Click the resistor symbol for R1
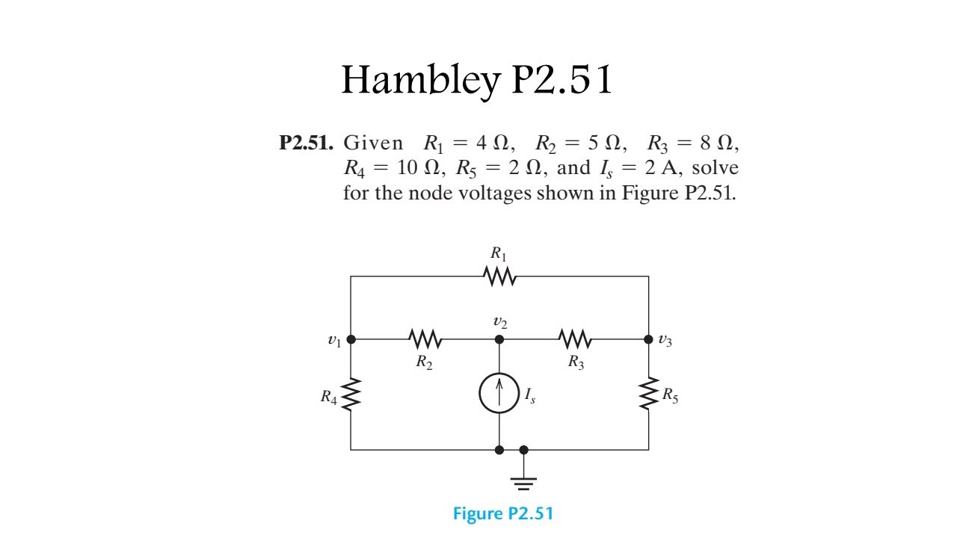[499, 276]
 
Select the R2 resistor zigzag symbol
[425, 340]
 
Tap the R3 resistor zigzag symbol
[575, 340]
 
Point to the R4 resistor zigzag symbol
[351, 395]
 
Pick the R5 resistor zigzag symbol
[648, 395]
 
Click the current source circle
[499, 394]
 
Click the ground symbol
[523, 480]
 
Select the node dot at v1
[351, 339]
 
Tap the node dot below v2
[499, 339]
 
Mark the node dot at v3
[648, 339]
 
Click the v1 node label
[334, 341]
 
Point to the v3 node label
[665, 341]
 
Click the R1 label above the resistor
[499, 254]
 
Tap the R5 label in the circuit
[670, 396]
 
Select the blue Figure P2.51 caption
[503, 514]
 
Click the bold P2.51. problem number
[307, 143]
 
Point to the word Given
[372, 143]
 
